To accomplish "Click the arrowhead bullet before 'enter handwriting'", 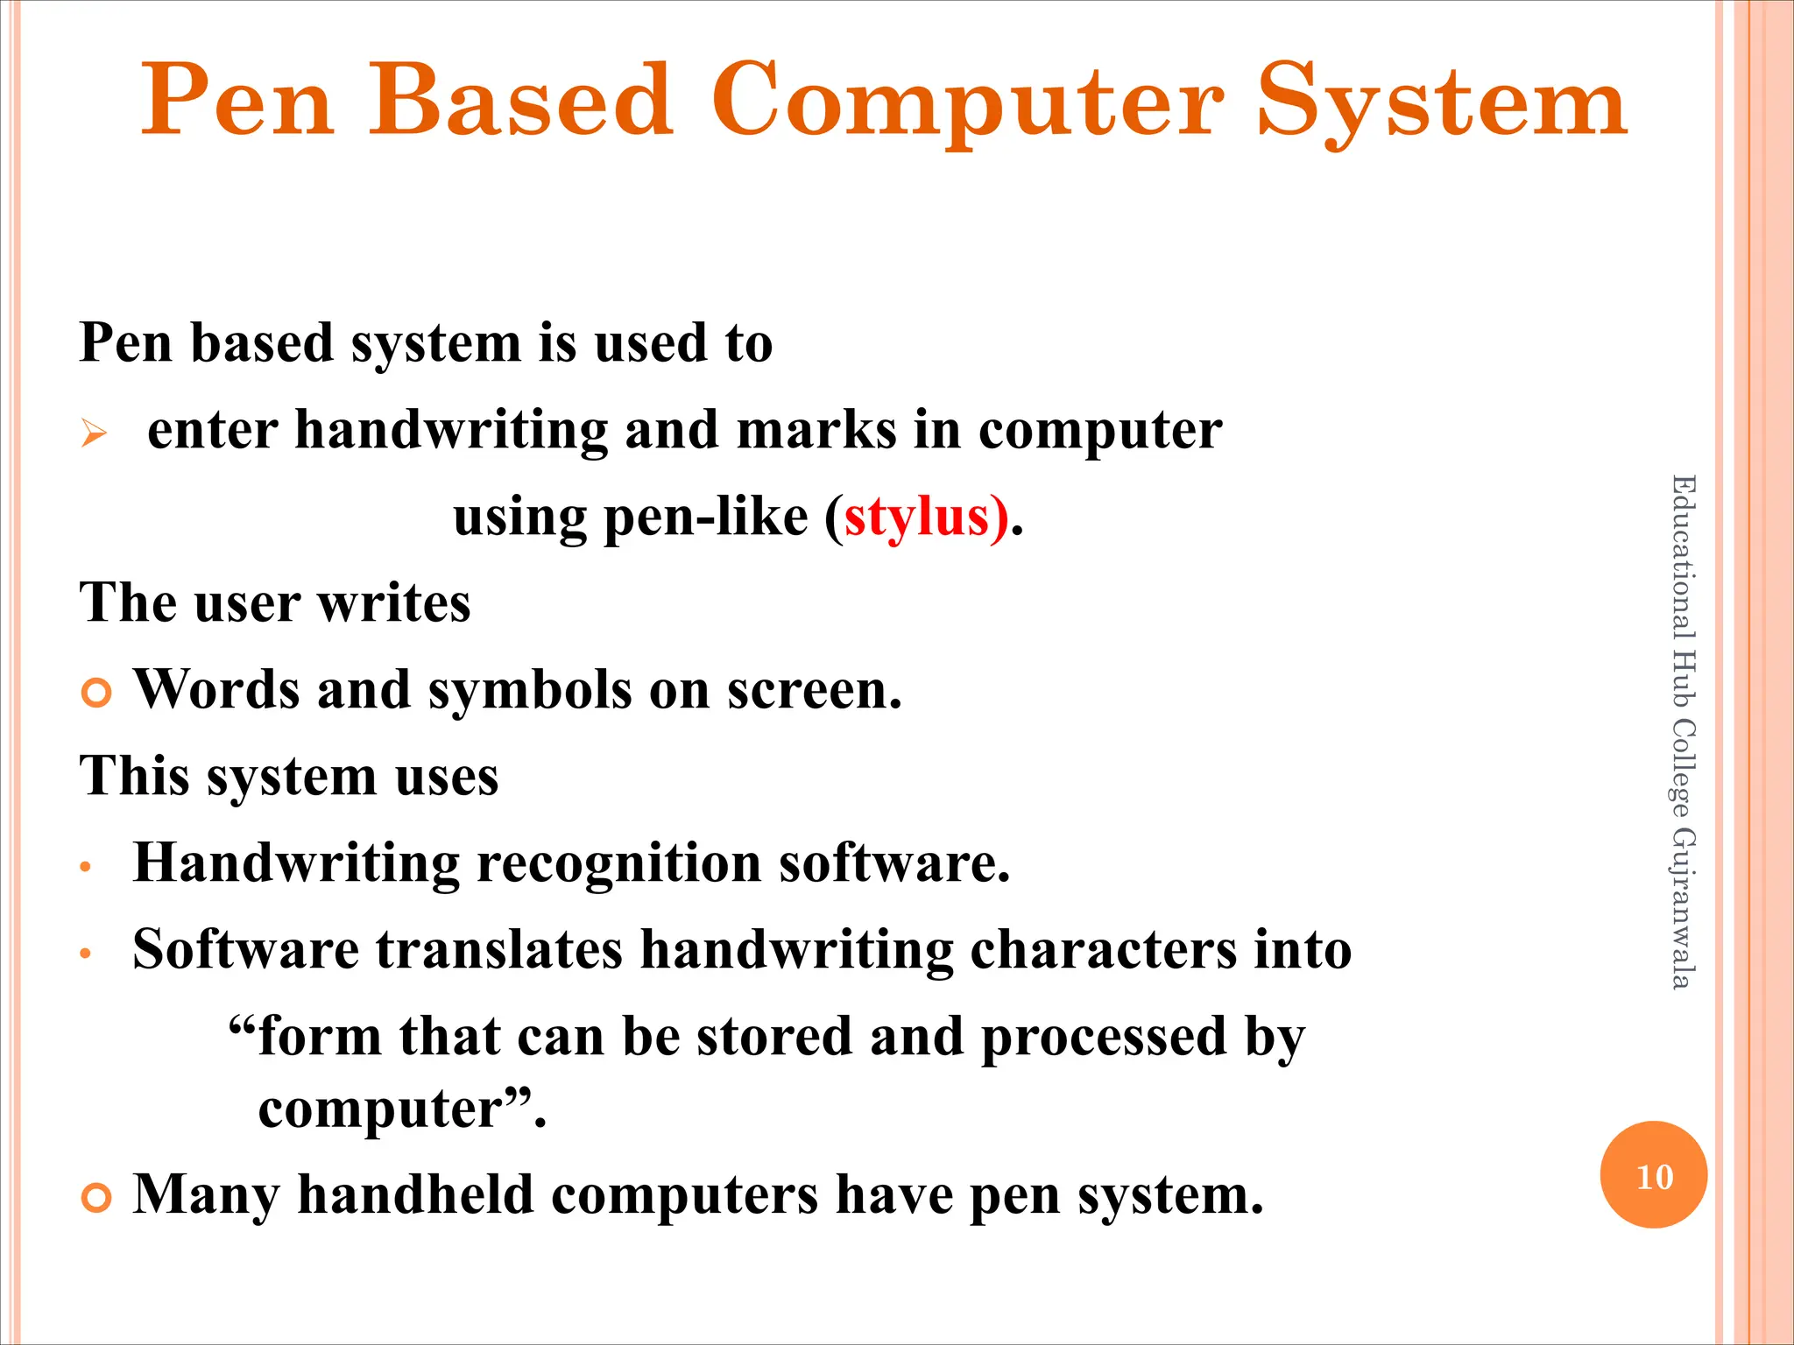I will click(94, 433).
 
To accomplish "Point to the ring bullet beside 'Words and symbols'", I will click(96, 693).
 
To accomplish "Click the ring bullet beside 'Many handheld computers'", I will click(96, 1197).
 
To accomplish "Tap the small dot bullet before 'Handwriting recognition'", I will click(86, 867).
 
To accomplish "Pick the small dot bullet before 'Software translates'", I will click(86, 954).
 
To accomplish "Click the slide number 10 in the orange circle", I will click(1654, 1177).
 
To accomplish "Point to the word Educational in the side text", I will click(1683, 556).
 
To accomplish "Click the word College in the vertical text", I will click(1683, 766).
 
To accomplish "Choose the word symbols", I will click(530, 691).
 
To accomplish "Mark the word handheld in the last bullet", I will click(415, 1194).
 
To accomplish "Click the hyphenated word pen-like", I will click(705, 518).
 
